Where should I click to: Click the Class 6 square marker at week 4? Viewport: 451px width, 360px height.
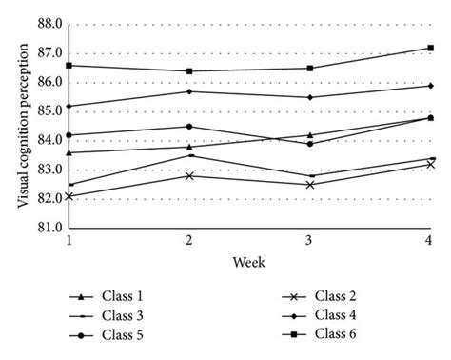pyautogui.click(x=430, y=48)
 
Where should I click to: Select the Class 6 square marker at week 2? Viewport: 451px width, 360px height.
pyautogui.click(x=189, y=71)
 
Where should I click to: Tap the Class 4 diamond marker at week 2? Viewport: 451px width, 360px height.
pyautogui.click(x=189, y=91)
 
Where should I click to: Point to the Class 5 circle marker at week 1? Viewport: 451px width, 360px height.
pyautogui.click(x=69, y=135)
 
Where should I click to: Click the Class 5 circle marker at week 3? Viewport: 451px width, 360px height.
pyautogui.click(x=310, y=144)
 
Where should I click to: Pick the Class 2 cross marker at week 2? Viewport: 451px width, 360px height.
pyautogui.click(x=189, y=175)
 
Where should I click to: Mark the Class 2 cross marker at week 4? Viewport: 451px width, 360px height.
pyautogui.click(x=430, y=164)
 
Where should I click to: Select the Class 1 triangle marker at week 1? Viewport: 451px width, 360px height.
pyautogui.click(x=69, y=152)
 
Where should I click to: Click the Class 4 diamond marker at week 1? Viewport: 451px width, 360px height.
pyautogui.click(x=69, y=106)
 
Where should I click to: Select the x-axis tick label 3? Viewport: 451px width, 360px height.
pyautogui.click(x=310, y=242)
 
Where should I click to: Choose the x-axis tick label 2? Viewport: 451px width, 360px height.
pyautogui.click(x=189, y=242)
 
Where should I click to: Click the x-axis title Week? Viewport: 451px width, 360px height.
pyautogui.click(x=250, y=261)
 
